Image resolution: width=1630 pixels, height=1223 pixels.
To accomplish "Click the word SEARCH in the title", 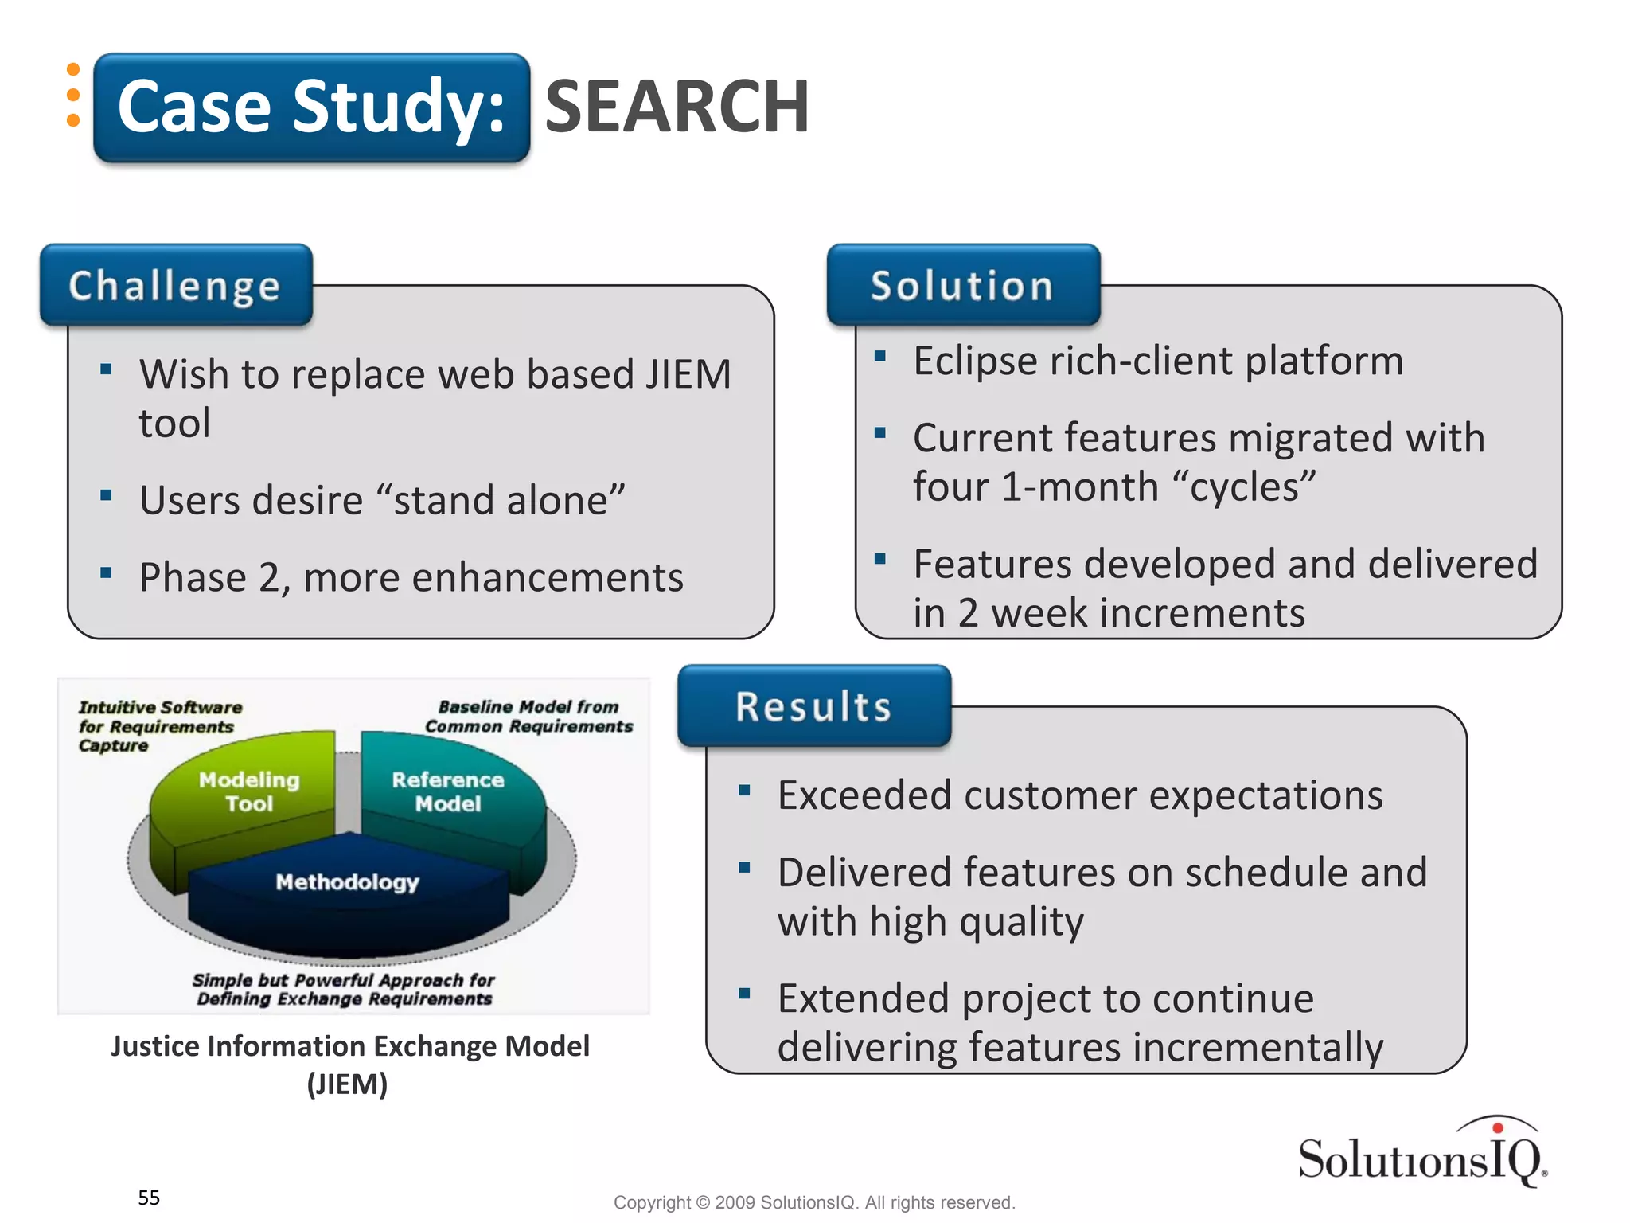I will (x=677, y=107).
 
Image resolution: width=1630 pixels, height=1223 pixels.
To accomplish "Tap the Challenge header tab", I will (x=175, y=285).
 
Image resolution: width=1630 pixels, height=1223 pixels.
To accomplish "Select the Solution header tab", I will (x=962, y=285).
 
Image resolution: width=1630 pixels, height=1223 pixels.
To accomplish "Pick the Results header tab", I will (x=813, y=706).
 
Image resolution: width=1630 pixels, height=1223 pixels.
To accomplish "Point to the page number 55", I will (x=149, y=1198).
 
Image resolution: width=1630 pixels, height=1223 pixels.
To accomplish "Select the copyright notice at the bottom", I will (x=814, y=1202).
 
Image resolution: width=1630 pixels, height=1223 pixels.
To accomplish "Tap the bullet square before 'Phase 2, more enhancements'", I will (x=106, y=572).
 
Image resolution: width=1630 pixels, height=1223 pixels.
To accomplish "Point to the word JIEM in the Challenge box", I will (x=688, y=374).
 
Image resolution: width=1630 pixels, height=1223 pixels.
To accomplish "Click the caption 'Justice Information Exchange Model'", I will (x=350, y=1046).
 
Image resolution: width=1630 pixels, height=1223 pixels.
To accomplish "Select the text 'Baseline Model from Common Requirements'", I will (x=528, y=716).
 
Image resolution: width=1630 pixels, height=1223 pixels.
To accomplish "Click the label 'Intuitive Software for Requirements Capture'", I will (x=159, y=725).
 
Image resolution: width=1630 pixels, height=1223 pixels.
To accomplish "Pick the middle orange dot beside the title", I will (x=73, y=95).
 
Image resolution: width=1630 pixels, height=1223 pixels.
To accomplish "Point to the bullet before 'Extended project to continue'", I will (x=744, y=993).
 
